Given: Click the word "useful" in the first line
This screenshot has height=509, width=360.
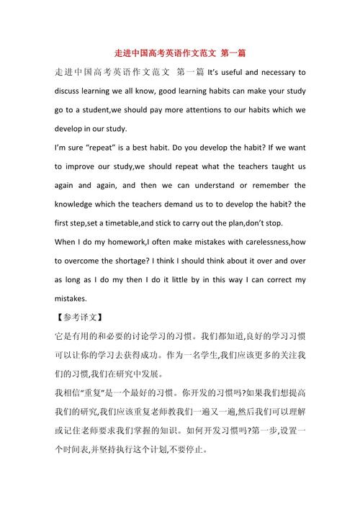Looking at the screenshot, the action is click(235, 73).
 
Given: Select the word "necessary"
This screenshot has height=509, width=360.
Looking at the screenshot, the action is click(283, 73).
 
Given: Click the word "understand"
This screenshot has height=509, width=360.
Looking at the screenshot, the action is click(211, 186).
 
